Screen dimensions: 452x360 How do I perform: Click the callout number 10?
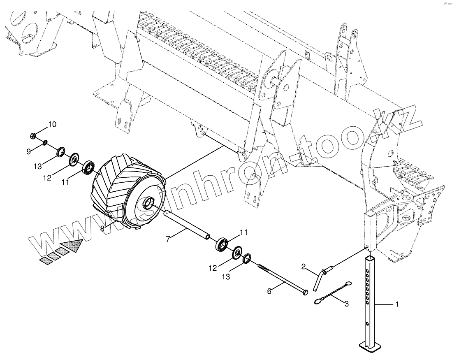[x=52, y=124]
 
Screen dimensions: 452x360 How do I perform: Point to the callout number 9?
[x=28, y=152]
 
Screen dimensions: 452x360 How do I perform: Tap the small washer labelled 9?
[x=45, y=143]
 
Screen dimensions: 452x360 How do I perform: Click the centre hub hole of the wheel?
[x=148, y=203]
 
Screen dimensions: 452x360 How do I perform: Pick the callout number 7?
[x=168, y=239]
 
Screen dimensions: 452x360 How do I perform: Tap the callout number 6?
[x=269, y=291]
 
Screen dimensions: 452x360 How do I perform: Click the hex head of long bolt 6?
[x=304, y=292]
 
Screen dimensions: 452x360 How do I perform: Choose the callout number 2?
[x=303, y=267]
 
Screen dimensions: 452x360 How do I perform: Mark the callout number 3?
[x=346, y=304]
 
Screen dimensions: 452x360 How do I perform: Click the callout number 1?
[x=397, y=304]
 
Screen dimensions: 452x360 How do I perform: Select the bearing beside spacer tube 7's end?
[x=223, y=244]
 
